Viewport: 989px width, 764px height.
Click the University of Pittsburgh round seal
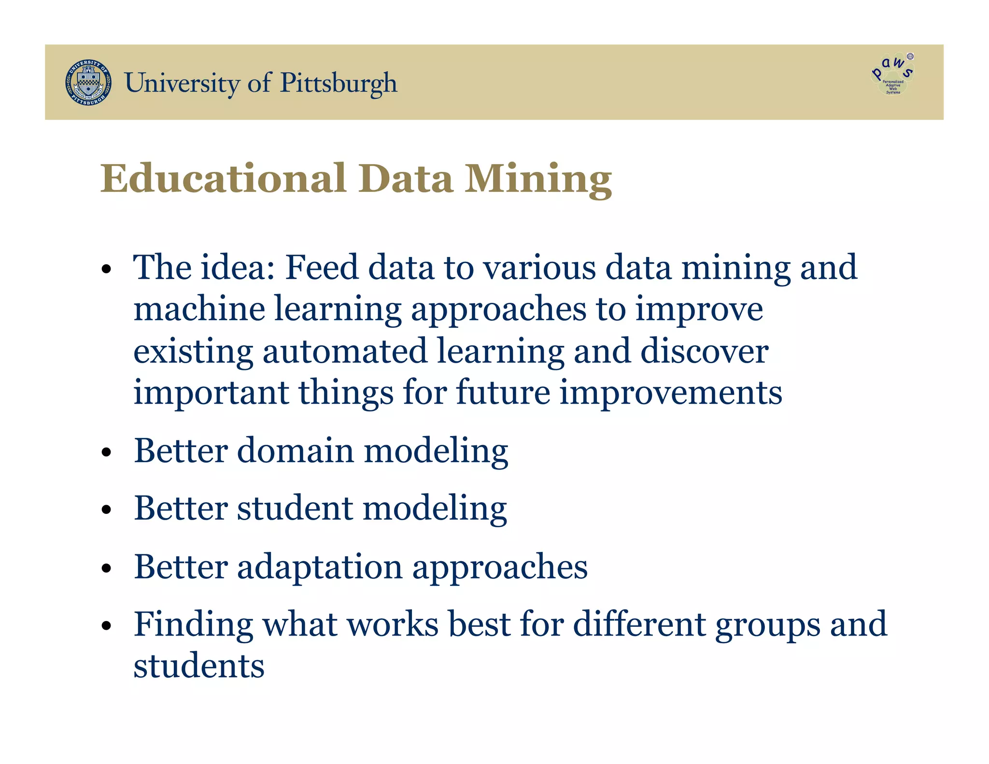pyautogui.click(x=88, y=83)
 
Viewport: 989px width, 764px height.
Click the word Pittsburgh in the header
pyautogui.click(x=339, y=83)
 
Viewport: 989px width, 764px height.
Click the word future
pyautogui.click(x=503, y=392)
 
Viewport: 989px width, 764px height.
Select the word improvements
pyautogui.click(x=671, y=393)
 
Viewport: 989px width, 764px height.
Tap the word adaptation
pyautogui.click(x=320, y=567)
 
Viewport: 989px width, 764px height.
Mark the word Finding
pyautogui.click(x=193, y=625)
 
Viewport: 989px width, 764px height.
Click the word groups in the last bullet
pyautogui.click(x=767, y=625)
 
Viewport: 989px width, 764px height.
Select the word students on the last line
pyautogui.click(x=199, y=666)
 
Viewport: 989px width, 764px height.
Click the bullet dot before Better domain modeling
pyautogui.click(x=107, y=453)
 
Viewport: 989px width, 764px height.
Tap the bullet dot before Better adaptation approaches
pyautogui.click(x=107, y=569)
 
